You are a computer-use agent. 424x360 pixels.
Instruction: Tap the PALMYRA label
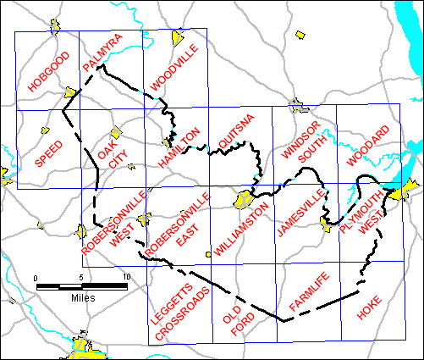(x=103, y=53)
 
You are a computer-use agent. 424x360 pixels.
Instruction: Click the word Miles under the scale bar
(x=82, y=298)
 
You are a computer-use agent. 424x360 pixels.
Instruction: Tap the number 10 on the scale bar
(x=126, y=278)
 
